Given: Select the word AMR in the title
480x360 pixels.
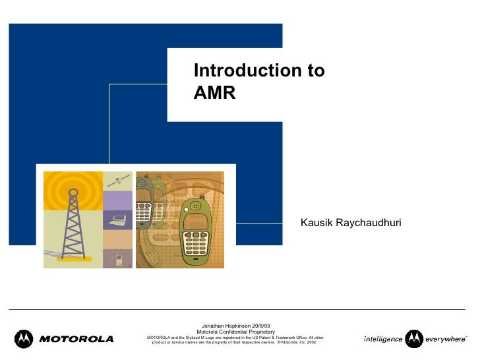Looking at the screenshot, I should pyautogui.click(x=214, y=93).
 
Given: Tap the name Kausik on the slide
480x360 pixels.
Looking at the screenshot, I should pyautogui.click(x=318, y=224).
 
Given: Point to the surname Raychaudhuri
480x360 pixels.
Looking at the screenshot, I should pyautogui.click(x=369, y=224).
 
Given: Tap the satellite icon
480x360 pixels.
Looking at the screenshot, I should pyautogui.click(x=119, y=180).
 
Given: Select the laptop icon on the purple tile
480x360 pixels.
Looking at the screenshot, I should pyautogui.click(x=119, y=220).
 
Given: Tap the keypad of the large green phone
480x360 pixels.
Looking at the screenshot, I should pyautogui.click(x=196, y=248).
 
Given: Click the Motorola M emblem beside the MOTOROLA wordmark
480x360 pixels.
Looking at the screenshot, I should pyautogui.click(x=24, y=339).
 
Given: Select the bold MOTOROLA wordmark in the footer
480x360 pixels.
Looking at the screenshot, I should pyautogui.click(x=76, y=340).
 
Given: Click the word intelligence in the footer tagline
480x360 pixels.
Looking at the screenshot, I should pyautogui.click(x=382, y=340).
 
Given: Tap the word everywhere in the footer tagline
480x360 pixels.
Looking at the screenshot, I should pyautogui.click(x=445, y=340).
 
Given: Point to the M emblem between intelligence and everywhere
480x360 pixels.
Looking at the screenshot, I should pyautogui.click(x=413, y=339).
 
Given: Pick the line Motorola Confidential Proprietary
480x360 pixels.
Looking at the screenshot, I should pyautogui.click(x=235, y=332).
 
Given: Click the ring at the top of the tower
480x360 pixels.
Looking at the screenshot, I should pyautogui.click(x=73, y=193).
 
